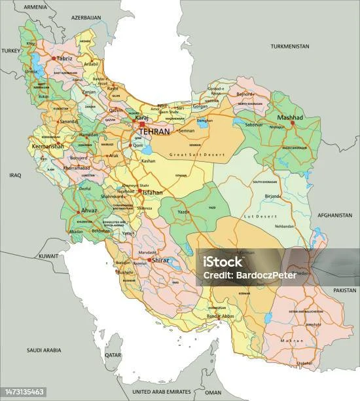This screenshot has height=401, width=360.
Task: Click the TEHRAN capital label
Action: click(x=152, y=132)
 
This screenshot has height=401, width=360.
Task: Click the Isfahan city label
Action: click(x=153, y=194)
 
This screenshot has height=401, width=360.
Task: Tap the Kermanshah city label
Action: click(x=48, y=147)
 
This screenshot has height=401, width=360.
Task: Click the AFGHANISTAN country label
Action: click(x=333, y=215)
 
